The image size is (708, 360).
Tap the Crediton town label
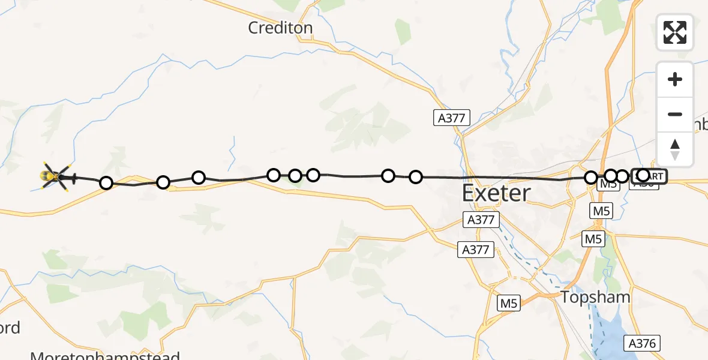pos(281,28)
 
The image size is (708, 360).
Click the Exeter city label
pos(496,193)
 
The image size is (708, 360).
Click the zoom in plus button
pos(675,80)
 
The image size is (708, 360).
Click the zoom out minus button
pos(675,115)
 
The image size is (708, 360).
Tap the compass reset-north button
pos(675,149)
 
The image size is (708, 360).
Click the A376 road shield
pos(643,343)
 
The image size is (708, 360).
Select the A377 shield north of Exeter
pos(451,118)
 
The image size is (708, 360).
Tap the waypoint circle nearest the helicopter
pos(106,183)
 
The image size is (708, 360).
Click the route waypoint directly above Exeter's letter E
pos(416,177)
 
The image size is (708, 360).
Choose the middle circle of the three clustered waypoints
pos(295,176)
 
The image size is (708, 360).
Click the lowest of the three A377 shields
pos(476,250)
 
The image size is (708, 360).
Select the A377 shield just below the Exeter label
pos(481,220)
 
